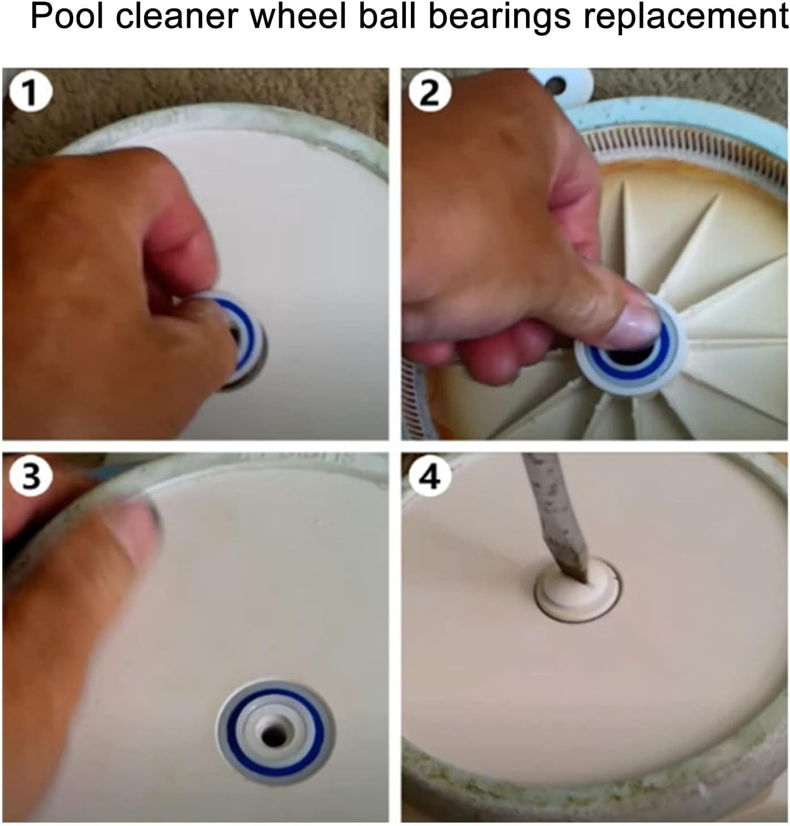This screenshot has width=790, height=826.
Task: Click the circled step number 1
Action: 30,92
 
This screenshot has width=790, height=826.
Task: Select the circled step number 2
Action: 430,92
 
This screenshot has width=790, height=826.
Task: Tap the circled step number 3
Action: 30,475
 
